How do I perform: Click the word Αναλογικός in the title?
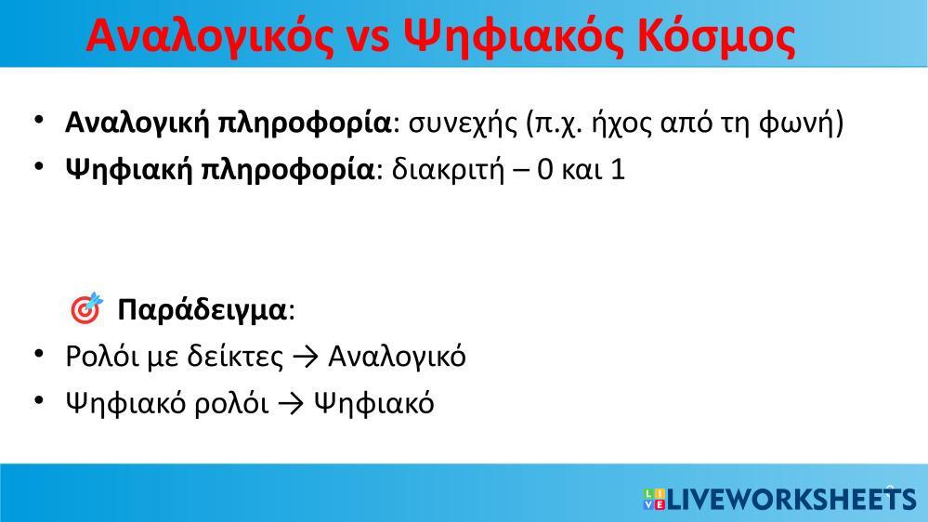click(x=210, y=37)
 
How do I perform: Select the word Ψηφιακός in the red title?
click(x=514, y=38)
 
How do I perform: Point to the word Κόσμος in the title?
click(x=717, y=38)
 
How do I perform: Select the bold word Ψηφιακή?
click(x=129, y=171)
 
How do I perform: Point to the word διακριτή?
click(x=448, y=171)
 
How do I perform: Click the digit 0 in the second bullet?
click(x=545, y=171)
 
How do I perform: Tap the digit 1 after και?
click(x=618, y=171)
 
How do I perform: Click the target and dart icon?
click(x=86, y=308)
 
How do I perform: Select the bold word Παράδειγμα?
click(x=202, y=309)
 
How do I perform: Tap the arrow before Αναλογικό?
click(x=306, y=358)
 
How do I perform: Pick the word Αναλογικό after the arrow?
click(x=398, y=358)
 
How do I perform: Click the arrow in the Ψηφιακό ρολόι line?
click(x=291, y=404)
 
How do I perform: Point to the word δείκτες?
click(x=235, y=357)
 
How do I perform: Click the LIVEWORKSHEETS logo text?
click(x=791, y=499)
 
